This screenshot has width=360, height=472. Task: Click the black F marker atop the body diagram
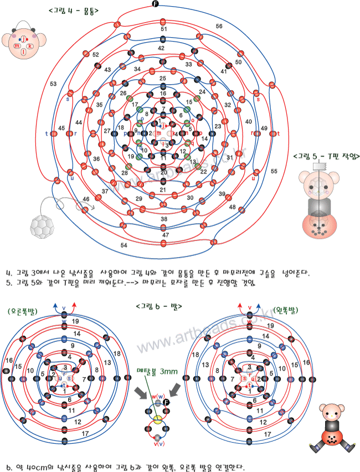(155, 5)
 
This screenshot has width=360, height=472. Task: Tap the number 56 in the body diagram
(219, 26)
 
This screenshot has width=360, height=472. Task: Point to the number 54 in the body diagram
(124, 244)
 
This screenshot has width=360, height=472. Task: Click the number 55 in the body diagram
(274, 172)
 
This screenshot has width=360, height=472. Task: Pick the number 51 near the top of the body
(163, 29)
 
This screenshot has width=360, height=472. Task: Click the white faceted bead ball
(41, 225)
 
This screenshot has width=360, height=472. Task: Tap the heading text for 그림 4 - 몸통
(70, 10)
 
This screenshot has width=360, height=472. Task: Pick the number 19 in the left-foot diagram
(269, 321)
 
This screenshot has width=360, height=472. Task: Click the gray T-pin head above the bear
(320, 166)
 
